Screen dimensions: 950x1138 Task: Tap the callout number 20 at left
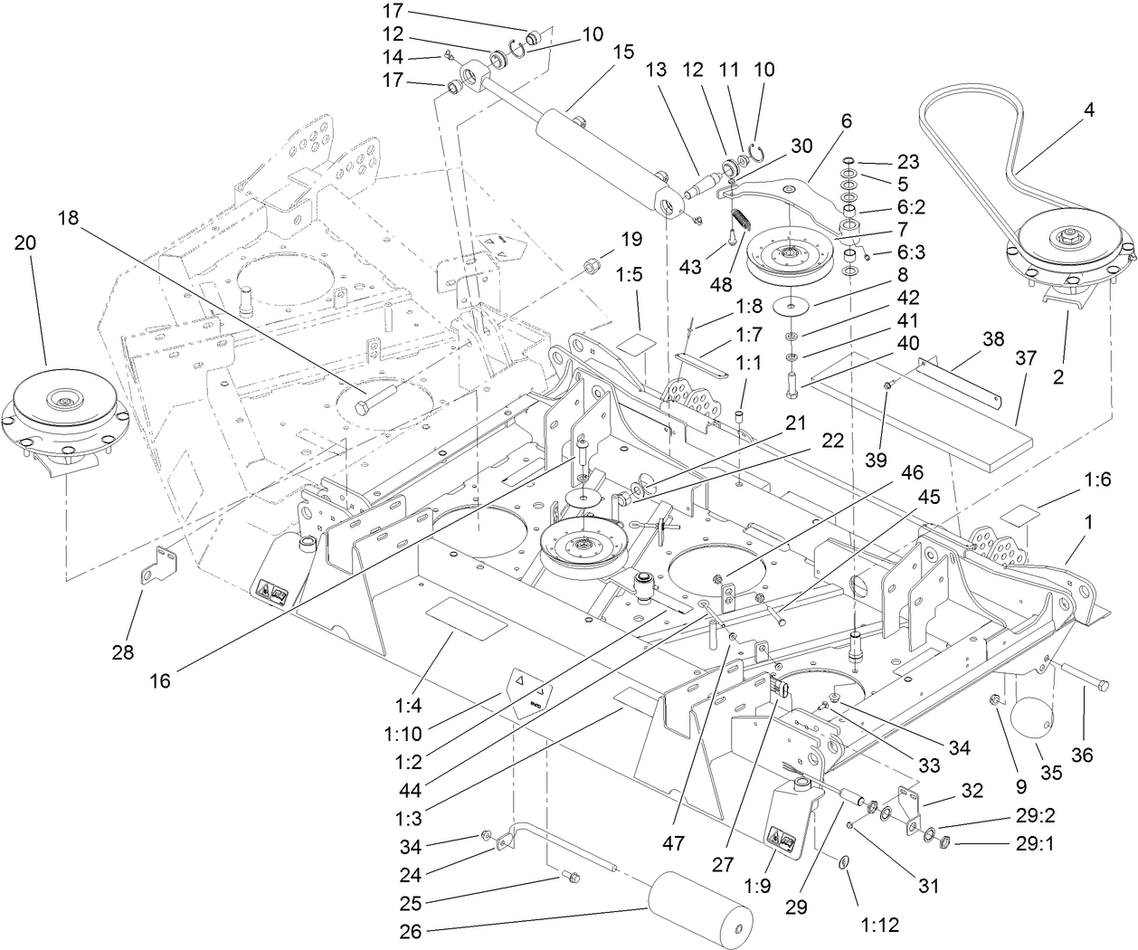tap(27, 243)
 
